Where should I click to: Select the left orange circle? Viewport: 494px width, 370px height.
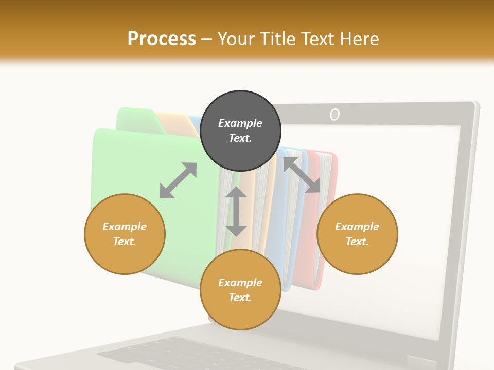pyautogui.click(x=125, y=234)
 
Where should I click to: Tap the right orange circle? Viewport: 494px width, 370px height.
pyautogui.click(x=357, y=234)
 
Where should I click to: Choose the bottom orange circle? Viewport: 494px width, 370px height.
pyautogui.click(x=240, y=290)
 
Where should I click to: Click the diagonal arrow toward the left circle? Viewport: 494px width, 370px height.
pyautogui.click(x=178, y=180)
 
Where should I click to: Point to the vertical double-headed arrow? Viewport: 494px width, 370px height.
pyautogui.click(x=236, y=211)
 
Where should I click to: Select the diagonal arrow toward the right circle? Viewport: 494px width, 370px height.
pyautogui.click(x=302, y=175)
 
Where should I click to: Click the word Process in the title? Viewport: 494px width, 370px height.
pyautogui.click(x=162, y=39)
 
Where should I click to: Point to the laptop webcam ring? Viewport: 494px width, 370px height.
pyautogui.click(x=334, y=115)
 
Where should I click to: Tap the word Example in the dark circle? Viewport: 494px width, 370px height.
pyautogui.click(x=240, y=123)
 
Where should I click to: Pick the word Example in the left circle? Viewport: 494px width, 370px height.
pyautogui.click(x=125, y=227)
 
